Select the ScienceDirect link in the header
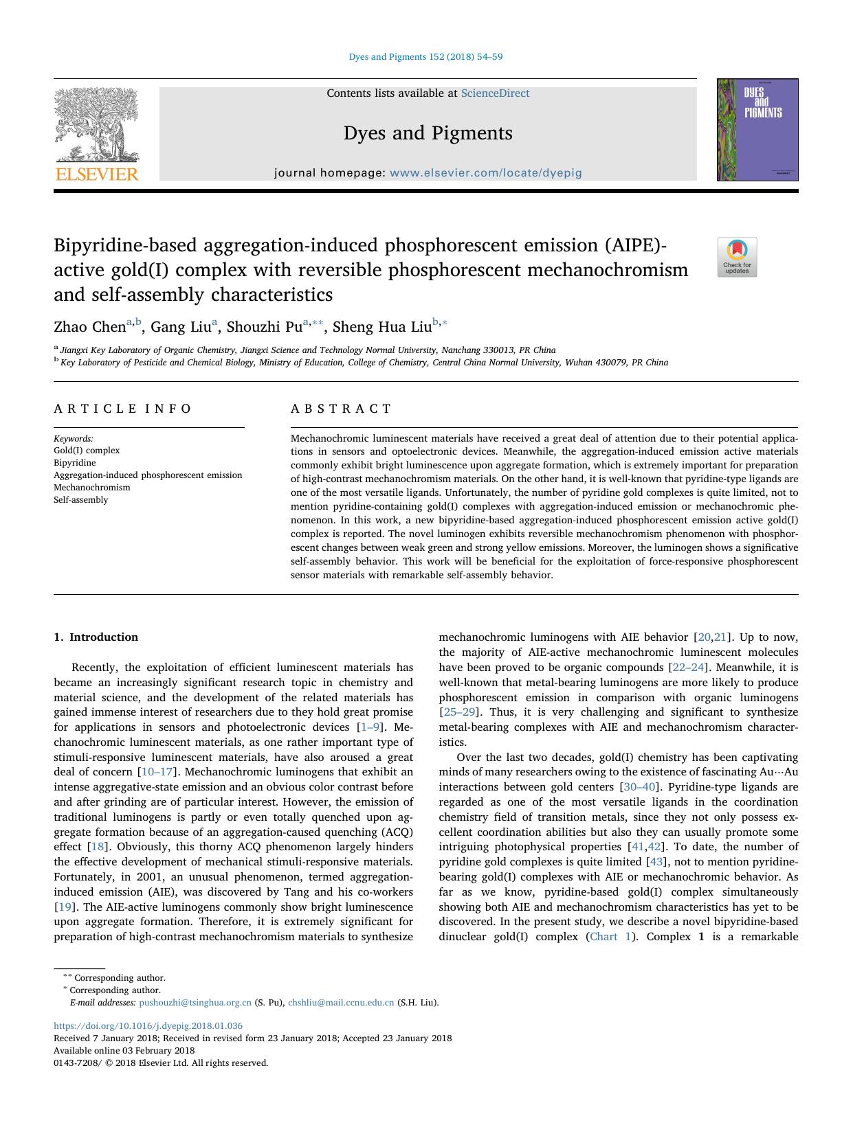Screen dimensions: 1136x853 pos(495,93)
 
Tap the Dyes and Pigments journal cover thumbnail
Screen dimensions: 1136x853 pos(757,130)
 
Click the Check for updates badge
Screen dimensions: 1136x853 pos(737,257)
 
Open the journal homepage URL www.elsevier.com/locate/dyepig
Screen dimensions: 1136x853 pos(485,173)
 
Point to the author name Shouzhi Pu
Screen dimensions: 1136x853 pos(265,326)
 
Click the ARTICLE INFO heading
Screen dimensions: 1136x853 pos(123,409)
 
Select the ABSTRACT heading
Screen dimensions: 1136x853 pos(341,409)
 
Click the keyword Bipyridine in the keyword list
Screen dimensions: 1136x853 pos(75,463)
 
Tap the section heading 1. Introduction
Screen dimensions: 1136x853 pos(96,637)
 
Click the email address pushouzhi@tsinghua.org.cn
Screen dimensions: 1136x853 pos(195,1003)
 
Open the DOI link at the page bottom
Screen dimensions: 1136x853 pos(148,1026)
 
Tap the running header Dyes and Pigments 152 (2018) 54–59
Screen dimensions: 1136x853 pos(425,57)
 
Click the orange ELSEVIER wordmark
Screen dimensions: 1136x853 pos(96,174)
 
